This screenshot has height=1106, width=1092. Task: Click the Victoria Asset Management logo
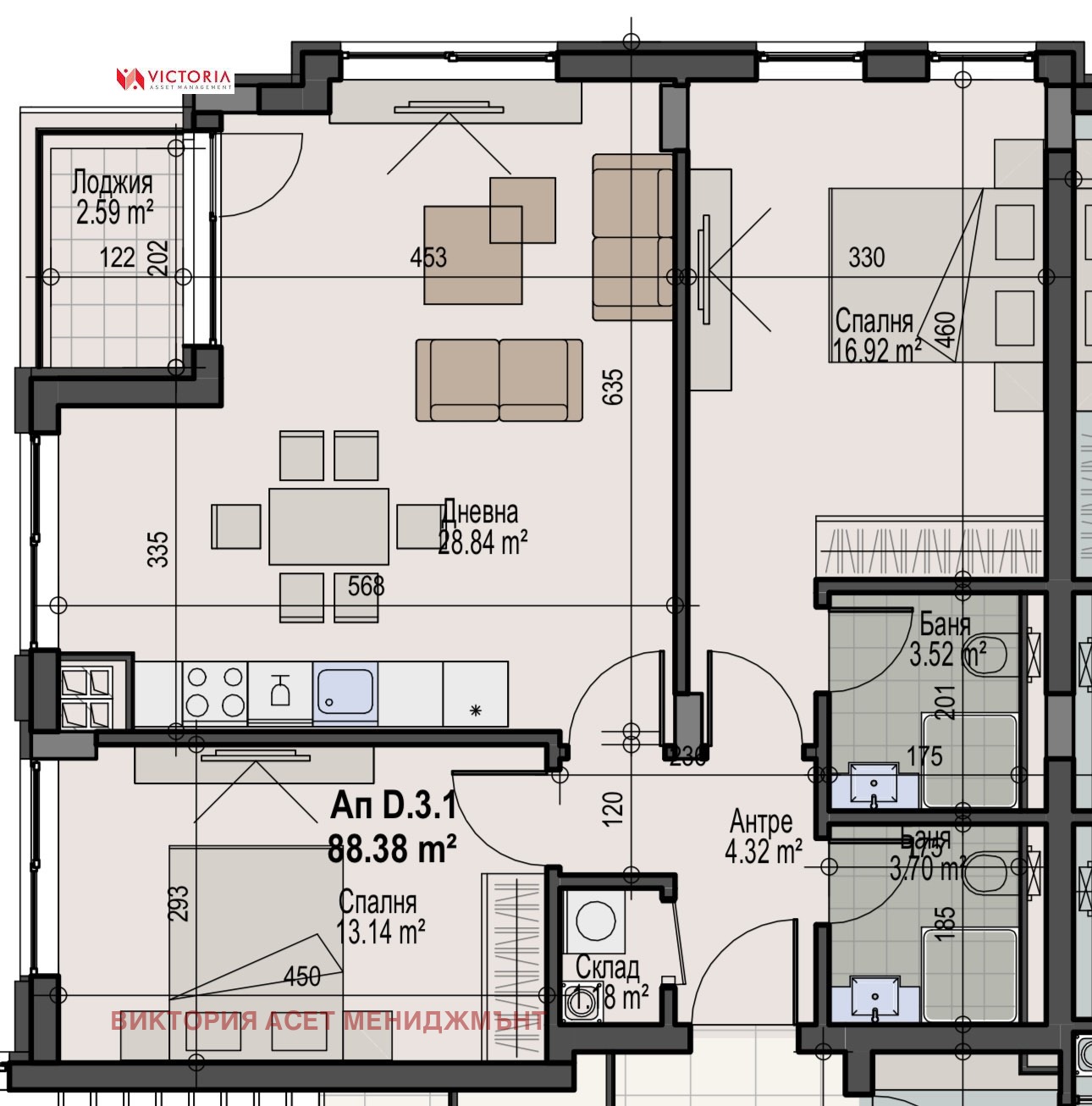click(174, 79)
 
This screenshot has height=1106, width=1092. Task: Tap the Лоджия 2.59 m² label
click(113, 196)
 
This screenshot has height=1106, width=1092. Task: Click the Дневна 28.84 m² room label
click(482, 528)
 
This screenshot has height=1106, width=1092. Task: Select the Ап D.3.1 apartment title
click(393, 805)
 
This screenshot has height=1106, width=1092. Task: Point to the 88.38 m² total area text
click(393, 847)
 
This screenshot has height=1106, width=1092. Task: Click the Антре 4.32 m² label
click(763, 837)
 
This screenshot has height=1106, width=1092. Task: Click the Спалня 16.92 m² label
click(876, 335)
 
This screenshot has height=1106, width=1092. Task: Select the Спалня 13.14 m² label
click(379, 917)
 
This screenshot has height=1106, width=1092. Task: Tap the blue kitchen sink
click(345, 692)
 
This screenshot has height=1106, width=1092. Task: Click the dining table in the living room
click(328, 526)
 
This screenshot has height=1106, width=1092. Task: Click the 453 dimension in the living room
click(428, 257)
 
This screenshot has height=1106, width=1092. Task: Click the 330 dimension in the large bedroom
click(866, 257)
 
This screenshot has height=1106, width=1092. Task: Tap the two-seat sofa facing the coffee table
click(499, 379)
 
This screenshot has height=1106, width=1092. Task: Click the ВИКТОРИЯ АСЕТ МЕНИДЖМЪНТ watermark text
click(328, 1020)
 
